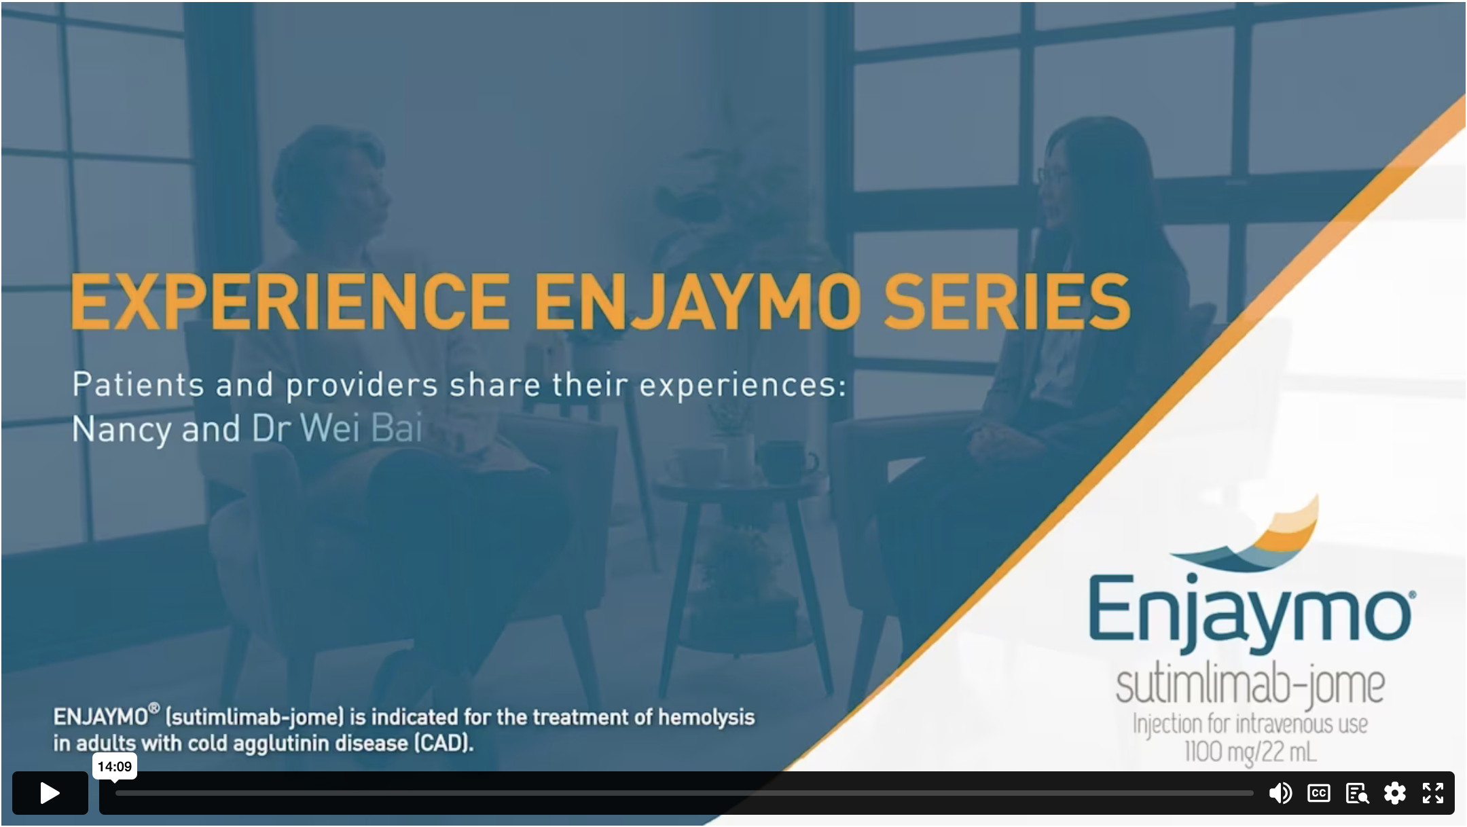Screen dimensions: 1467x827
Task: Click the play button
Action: tap(50, 792)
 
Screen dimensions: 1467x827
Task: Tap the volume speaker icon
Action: tap(1280, 792)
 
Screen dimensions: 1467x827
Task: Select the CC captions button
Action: tap(1318, 792)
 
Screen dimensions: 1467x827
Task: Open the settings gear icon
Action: tap(1394, 792)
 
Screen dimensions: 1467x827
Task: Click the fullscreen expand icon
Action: tap(1432, 792)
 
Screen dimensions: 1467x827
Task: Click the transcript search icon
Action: tap(1356, 793)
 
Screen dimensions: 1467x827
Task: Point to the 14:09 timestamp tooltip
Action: tap(115, 767)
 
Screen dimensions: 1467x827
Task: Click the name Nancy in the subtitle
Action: tap(122, 429)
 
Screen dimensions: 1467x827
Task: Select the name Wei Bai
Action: tap(361, 428)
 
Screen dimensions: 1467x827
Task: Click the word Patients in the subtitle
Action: tap(138, 385)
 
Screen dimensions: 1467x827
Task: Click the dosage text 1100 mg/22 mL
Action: tap(1250, 752)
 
